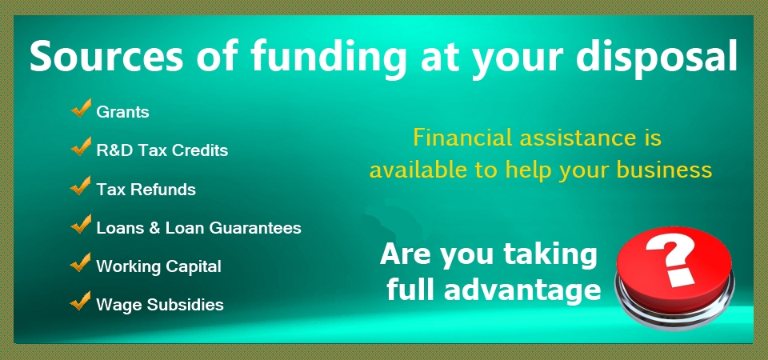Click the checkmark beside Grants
[x=81, y=108]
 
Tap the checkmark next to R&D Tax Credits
[x=81, y=146]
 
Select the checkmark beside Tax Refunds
[x=81, y=185]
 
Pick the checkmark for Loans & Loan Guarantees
[x=81, y=224]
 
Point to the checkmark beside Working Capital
[x=81, y=262]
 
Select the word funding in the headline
[x=328, y=58]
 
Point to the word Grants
[x=122, y=112]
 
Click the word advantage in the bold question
[x=522, y=291]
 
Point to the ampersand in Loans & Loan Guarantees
[x=154, y=228]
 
